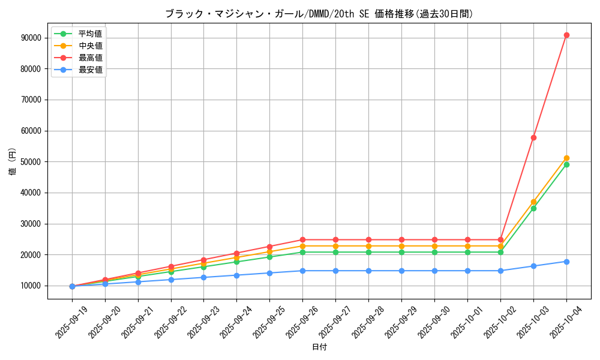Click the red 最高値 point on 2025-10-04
[566, 35]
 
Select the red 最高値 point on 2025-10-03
[533, 137]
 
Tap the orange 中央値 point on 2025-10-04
[566, 158]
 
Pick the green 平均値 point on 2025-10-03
[533, 208]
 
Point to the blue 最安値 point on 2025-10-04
[566, 262]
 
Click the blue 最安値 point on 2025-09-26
[302, 271]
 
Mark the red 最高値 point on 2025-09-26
[302, 239]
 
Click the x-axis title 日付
[319, 347]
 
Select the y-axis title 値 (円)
[13, 161]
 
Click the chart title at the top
[319, 14]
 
